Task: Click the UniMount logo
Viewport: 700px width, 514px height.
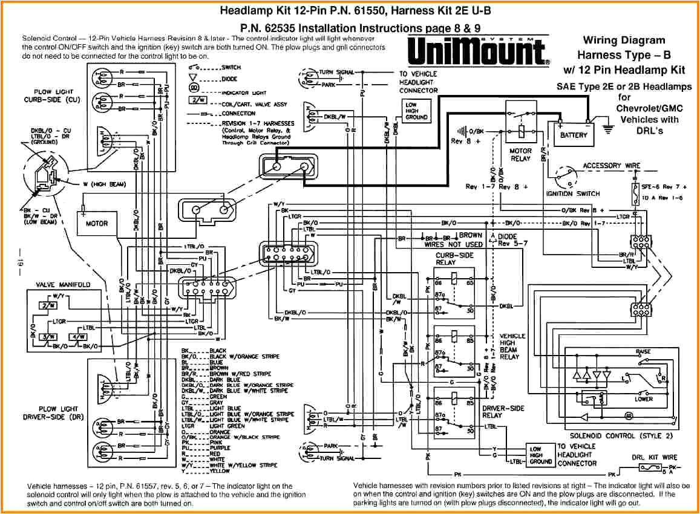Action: tap(478, 51)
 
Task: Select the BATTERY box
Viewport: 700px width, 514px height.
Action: tap(573, 135)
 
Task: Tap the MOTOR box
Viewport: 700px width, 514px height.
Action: tap(96, 223)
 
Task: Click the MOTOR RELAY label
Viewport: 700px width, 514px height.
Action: tap(520, 155)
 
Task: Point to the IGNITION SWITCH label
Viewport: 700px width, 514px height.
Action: tap(572, 194)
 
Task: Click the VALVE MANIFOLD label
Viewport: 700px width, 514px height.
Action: tap(63, 284)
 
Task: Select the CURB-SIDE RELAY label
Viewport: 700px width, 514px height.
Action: tap(454, 259)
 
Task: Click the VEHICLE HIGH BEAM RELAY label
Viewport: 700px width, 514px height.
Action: tap(512, 346)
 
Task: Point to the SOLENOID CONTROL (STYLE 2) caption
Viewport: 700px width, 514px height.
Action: tap(612, 435)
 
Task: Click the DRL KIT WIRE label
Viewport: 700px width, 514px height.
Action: tap(654, 457)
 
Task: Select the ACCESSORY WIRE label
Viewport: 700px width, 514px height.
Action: tap(611, 166)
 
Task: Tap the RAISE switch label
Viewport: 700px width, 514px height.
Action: tap(643, 351)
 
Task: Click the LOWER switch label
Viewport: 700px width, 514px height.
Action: tap(643, 399)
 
